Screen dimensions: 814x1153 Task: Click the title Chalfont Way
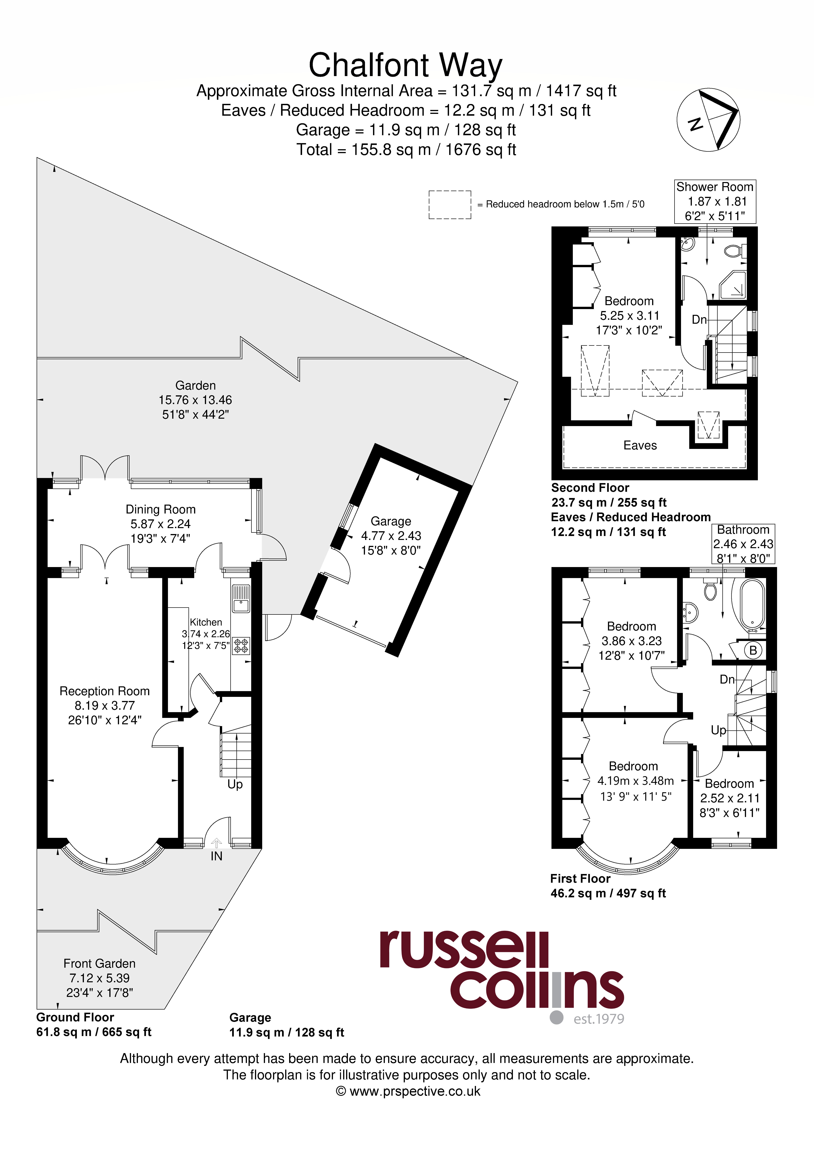coord(406,65)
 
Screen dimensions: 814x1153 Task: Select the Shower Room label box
coord(715,201)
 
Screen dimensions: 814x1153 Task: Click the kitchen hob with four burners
coord(241,645)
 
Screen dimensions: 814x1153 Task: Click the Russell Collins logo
coord(502,977)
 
